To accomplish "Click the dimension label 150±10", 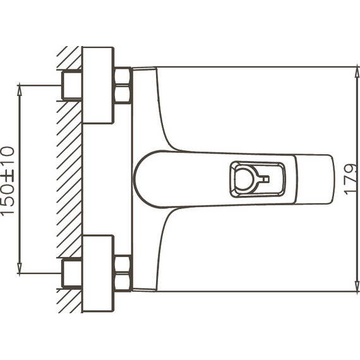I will pyautogui.click(x=8, y=181).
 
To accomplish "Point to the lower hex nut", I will pyautogui.click(x=123, y=273).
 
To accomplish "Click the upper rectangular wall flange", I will pyautogui.click(x=98, y=85).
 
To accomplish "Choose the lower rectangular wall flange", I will pyautogui.click(x=98, y=273).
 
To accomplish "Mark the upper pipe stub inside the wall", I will pyautogui.click(x=71, y=85).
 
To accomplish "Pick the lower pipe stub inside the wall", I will pyautogui.click(x=71, y=273).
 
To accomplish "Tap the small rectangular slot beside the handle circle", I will pyautogui.click(x=265, y=179).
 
